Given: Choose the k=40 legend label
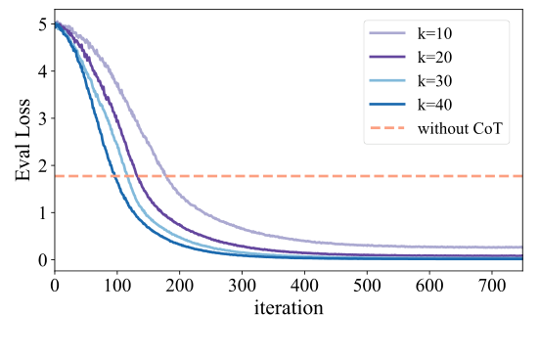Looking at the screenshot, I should (x=440, y=106).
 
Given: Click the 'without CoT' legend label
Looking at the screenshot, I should (x=464, y=129).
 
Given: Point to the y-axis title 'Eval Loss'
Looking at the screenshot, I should (x=22, y=143).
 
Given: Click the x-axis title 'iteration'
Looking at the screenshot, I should (x=289, y=306).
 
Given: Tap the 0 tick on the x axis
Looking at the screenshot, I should (x=55, y=284).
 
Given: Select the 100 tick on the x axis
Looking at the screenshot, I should (x=117, y=284).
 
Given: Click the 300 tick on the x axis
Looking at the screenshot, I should (x=242, y=284).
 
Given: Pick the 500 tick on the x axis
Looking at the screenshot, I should (x=367, y=284).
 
